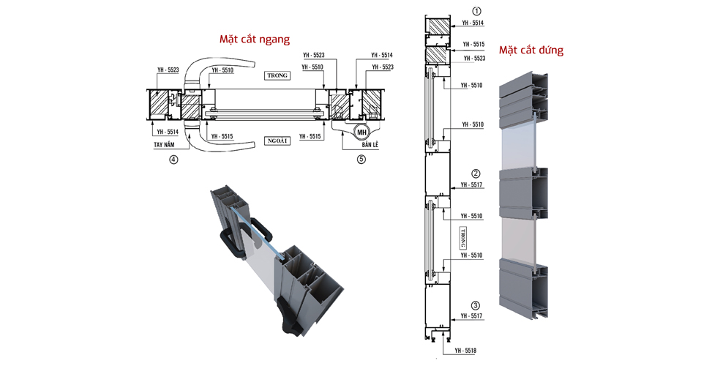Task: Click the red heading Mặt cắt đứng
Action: point(531,51)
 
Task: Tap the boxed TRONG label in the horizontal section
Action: point(278,75)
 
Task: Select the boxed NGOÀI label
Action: point(278,140)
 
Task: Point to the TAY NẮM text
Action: point(168,145)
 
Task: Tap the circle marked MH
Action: point(361,132)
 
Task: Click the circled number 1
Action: point(476,12)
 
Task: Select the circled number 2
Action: point(476,173)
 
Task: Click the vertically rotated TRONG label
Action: point(463,239)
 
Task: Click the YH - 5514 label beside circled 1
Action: point(472,23)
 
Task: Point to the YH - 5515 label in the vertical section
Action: point(472,45)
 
